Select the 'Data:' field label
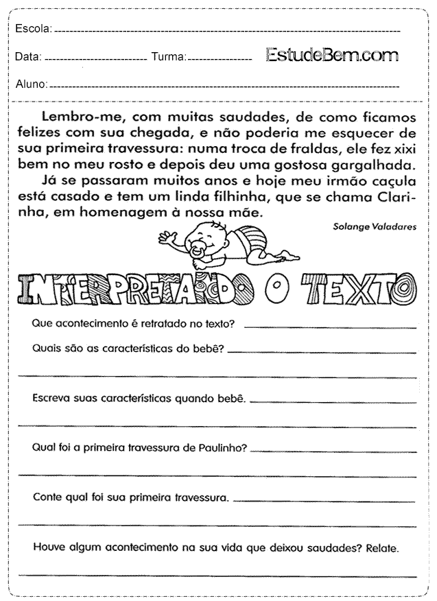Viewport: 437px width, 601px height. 28,57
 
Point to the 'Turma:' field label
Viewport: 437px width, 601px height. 168,57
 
